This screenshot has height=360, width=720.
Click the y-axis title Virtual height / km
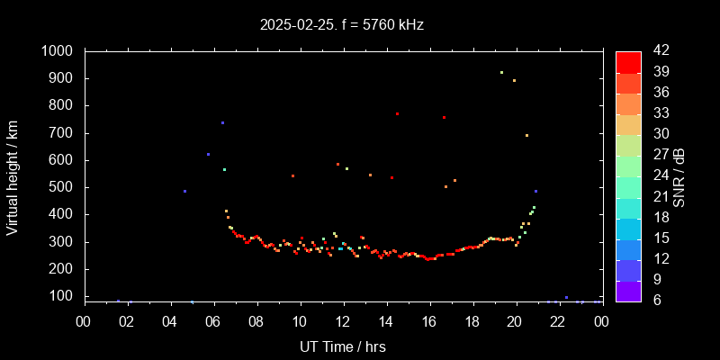click(13, 176)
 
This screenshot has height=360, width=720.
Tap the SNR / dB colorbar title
click(679, 176)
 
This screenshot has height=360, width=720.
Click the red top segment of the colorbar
click(628, 61)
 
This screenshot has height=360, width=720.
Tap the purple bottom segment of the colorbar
click(628, 291)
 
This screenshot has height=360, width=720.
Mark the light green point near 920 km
click(501, 72)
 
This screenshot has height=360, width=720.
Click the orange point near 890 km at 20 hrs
click(514, 80)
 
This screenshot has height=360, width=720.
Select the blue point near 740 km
click(222, 122)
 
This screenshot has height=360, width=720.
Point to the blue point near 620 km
click(208, 154)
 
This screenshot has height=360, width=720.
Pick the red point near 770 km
click(397, 113)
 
